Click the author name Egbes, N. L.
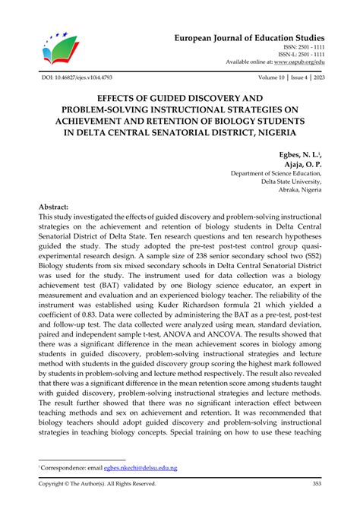point(301,154)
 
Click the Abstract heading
point(54,207)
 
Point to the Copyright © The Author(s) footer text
point(97,484)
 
